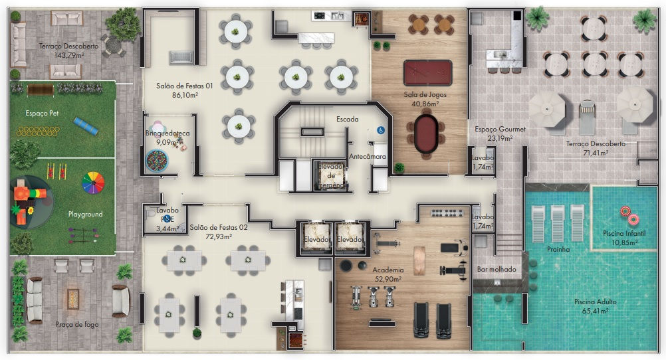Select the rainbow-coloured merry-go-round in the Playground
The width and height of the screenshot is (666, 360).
click(93, 182)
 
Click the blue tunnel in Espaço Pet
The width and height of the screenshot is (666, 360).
click(85, 125)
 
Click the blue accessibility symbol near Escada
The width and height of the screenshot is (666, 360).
click(382, 131)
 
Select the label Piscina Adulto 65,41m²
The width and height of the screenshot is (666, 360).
click(595, 306)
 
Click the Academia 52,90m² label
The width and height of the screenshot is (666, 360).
click(388, 275)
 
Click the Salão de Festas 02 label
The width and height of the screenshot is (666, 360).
click(218, 232)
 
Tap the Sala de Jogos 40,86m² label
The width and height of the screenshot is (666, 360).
click(425, 99)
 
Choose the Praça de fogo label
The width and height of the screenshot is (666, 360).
click(77, 324)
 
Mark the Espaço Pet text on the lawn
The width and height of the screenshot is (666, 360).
click(42, 113)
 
